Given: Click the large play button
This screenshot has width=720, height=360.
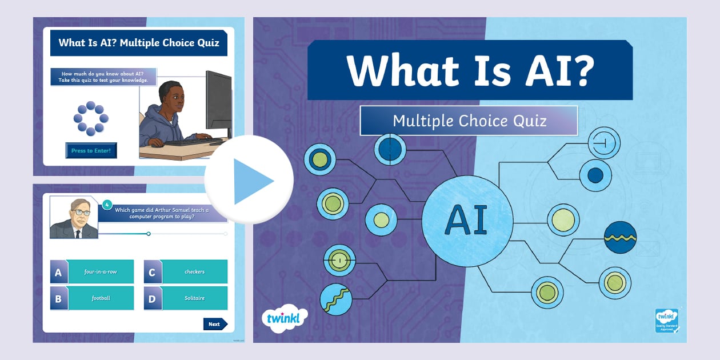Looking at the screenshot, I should (x=249, y=181).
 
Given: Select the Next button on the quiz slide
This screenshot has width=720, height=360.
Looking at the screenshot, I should (x=215, y=324).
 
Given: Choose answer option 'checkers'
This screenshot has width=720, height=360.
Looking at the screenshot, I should (x=194, y=272).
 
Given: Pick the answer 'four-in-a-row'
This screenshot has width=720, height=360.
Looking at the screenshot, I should (x=101, y=272).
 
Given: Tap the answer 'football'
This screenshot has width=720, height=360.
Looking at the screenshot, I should (x=101, y=298).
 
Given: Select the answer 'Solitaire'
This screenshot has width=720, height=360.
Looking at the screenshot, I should (x=194, y=298).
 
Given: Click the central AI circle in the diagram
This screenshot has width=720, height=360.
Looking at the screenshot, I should (x=467, y=220).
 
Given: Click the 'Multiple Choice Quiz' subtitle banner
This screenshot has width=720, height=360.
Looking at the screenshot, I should (x=469, y=121).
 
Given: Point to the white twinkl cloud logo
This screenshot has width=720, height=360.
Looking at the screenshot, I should (x=284, y=318).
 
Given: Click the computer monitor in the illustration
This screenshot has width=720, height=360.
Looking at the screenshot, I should (x=218, y=103).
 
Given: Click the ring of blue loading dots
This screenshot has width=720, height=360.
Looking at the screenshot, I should (x=91, y=118).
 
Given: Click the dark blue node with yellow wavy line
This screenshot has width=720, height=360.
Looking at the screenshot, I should (x=620, y=237).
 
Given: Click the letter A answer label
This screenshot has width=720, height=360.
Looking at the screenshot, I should (x=58, y=273).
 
